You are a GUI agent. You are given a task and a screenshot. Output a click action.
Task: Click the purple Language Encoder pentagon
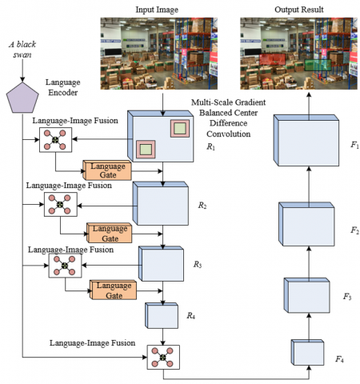click(x=22, y=98)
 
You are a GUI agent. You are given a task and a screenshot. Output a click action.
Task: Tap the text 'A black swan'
click(x=22, y=50)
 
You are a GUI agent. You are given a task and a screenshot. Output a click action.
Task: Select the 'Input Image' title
click(x=157, y=10)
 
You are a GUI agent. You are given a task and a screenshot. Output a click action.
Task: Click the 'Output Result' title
click(x=299, y=10)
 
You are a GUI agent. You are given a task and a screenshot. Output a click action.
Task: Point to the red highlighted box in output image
click(x=272, y=59)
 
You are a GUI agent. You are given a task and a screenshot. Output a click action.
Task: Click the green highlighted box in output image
click(x=318, y=65)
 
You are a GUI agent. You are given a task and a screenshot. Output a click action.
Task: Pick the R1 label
click(x=210, y=146)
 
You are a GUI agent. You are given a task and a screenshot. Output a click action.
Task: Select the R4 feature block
click(x=162, y=315)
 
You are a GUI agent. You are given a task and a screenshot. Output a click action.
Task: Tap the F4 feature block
click(x=307, y=352)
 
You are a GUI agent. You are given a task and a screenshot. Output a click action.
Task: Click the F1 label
click(x=354, y=145)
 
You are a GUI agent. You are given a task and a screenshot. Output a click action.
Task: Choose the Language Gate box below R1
click(x=107, y=170)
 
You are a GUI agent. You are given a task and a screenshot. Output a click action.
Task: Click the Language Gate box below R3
click(x=113, y=290)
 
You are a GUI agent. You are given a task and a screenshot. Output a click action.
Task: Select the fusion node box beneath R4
click(x=163, y=357)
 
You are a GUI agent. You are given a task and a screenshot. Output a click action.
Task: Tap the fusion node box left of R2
click(x=61, y=205)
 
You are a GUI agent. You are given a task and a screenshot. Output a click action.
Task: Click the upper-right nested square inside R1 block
click(x=180, y=129)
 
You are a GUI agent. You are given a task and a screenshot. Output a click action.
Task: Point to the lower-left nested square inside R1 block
click(x=146, y=150)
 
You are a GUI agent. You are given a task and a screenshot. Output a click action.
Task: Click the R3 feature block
click(x=161, y=264)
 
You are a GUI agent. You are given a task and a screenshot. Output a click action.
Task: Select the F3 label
click(x=347, y=296)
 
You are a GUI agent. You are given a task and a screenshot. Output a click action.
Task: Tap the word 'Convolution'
click(x=229, y=134)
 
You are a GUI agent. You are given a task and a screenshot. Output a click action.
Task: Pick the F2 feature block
click(x=306, y=224)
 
